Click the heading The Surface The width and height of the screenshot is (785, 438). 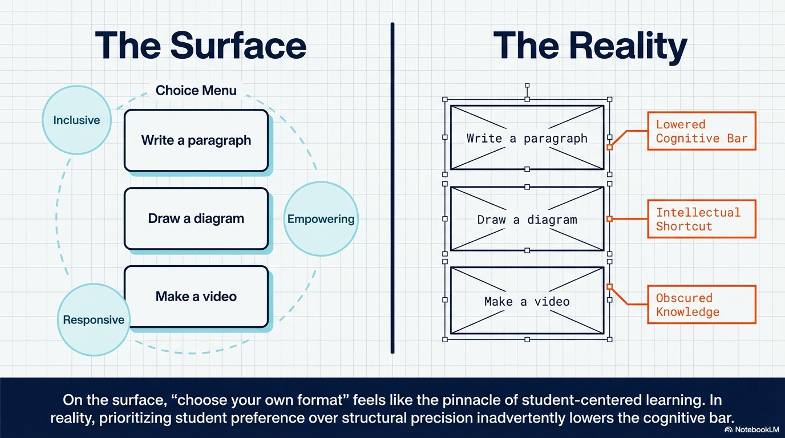pyautogui.click(x=200, y=46)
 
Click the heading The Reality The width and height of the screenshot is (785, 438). pyautogui.click(x=590, y=46)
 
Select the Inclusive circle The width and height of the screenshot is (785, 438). pyautogui.click(x=76, y=120)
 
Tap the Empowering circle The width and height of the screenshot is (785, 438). pyautogui.click(x=321, y=219)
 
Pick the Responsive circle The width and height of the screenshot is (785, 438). pyautogui.click(x=94, y=320)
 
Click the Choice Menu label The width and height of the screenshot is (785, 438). pyautogui.click(x=196, y=90)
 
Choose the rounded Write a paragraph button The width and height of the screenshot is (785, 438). pyautogui.click(x=196, y=140)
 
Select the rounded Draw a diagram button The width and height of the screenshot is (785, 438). pyautogui.click(x=196, y=218)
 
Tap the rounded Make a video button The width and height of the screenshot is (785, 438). pyautogui.click(x=196, y=297)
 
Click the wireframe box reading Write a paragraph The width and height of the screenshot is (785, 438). pyautogui.click(x=527, y=137)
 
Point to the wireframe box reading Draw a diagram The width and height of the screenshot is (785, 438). pyautogui.click(x=527, y=219)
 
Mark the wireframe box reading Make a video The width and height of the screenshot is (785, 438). pyautogui.click(x=527, y=301)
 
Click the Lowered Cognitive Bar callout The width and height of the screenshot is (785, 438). pyautogui.click(x=701, y=131)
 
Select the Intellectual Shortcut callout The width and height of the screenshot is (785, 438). pyautogui.click(x=701, y=219)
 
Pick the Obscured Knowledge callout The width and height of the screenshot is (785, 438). pyautogui.click(x=701, y=305)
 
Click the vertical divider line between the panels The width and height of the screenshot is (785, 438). pyautogui.click(x=392, y=188)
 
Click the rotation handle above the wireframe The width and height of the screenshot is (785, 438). pyautogui.click(x=527, y=86)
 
